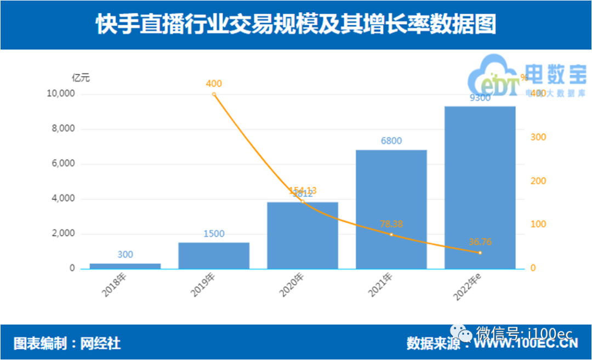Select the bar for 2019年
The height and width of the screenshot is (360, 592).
pos(214,255)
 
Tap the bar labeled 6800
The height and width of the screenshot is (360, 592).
pos(391,209)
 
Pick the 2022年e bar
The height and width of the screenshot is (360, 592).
pos(480,187)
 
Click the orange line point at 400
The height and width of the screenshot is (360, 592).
pos(214,94)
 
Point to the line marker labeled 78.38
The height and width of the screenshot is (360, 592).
pos(391,235)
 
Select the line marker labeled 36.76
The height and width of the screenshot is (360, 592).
pos(480,253)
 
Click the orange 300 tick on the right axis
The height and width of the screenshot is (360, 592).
pos(538,137)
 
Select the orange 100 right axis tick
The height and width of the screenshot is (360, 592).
pos(538,225)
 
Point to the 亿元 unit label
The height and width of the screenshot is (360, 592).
pos(81,78)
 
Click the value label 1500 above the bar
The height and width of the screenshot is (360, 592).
pos(214,234)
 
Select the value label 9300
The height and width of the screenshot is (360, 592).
pos(480,99)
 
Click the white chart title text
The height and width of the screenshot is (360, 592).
pos(296,25)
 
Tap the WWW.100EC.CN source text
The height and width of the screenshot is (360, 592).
pos(526,344)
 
